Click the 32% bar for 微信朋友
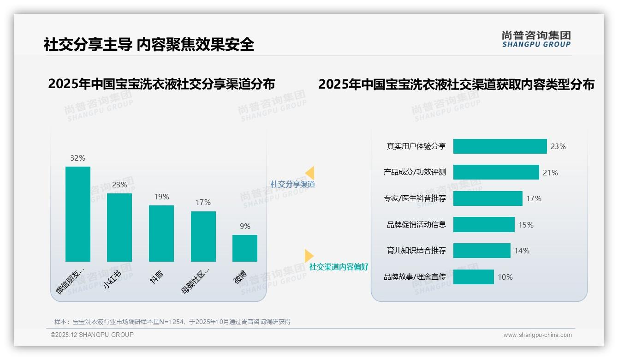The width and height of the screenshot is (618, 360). point(78,214)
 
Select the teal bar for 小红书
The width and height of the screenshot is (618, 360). point(119,228)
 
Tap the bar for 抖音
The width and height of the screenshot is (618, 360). point(161,234)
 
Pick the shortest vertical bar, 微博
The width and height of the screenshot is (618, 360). point(245,248)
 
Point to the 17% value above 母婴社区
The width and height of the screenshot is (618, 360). point(203,202)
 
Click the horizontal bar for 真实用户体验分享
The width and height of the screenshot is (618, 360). point(500,146)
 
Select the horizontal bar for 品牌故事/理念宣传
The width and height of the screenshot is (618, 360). point(474,277)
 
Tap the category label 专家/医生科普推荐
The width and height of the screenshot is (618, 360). point(415,198)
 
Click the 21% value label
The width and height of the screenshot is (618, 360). point(550,173)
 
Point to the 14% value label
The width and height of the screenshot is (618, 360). point(522,251)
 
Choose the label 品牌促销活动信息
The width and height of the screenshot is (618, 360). point(416,225)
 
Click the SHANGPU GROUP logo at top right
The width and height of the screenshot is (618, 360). point(536,39)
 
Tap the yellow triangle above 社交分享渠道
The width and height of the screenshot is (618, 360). point(310,173)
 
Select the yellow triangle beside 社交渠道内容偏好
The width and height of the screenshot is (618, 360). point(309,255)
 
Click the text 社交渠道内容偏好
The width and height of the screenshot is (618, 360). point(339,267)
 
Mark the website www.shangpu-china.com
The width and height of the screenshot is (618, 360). point(537,335)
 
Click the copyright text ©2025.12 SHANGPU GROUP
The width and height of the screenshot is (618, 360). point(92,335)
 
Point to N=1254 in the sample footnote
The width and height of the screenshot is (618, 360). point(171,322)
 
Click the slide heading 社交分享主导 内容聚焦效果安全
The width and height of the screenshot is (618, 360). point(149,44)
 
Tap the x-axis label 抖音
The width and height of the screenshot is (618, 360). point(157,277)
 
